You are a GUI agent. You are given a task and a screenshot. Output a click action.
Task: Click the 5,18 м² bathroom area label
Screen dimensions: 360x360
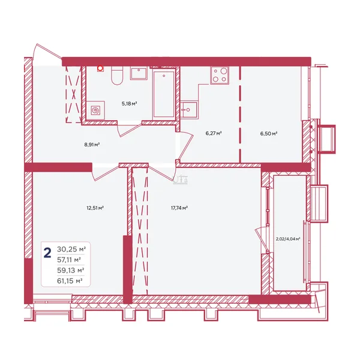[x=129, y=104]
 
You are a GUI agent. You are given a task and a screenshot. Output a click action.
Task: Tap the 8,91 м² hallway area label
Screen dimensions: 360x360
[x=92, y=145]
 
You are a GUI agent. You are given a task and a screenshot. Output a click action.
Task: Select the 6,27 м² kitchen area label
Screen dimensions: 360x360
[x=214, y=133]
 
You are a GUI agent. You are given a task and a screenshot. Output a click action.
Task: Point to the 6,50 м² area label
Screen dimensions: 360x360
[x=269, y=133]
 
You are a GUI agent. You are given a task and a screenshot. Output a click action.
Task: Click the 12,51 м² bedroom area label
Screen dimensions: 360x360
[x=95, y=208]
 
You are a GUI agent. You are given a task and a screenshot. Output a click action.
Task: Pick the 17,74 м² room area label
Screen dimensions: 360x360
[x=179, y=208]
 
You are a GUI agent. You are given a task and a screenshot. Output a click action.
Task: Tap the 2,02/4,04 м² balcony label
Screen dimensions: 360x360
[x=288, y=239]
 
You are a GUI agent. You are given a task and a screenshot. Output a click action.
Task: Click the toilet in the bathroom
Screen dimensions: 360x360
[x=117, y=76]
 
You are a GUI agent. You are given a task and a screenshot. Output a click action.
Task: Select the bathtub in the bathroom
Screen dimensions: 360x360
[x=164, y=94]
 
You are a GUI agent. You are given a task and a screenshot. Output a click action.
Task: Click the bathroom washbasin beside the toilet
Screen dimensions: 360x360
[x=139, y=73]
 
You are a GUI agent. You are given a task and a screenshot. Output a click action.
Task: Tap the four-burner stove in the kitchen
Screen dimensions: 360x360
[x=220, y=75]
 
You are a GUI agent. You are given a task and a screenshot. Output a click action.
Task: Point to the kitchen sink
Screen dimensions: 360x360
[x=189, y=110]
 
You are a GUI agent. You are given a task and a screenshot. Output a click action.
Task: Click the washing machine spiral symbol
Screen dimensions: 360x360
[x=95, y=110]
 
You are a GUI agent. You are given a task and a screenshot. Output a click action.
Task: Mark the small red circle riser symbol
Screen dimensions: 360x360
[x=100, y=68]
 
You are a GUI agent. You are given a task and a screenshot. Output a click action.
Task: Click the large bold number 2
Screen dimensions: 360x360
[x=47, y=253]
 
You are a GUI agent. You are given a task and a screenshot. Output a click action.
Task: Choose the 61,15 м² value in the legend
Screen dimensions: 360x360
[x=70, y=281]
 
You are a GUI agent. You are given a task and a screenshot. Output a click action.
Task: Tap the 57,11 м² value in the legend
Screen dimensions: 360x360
[x=69, y=260]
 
